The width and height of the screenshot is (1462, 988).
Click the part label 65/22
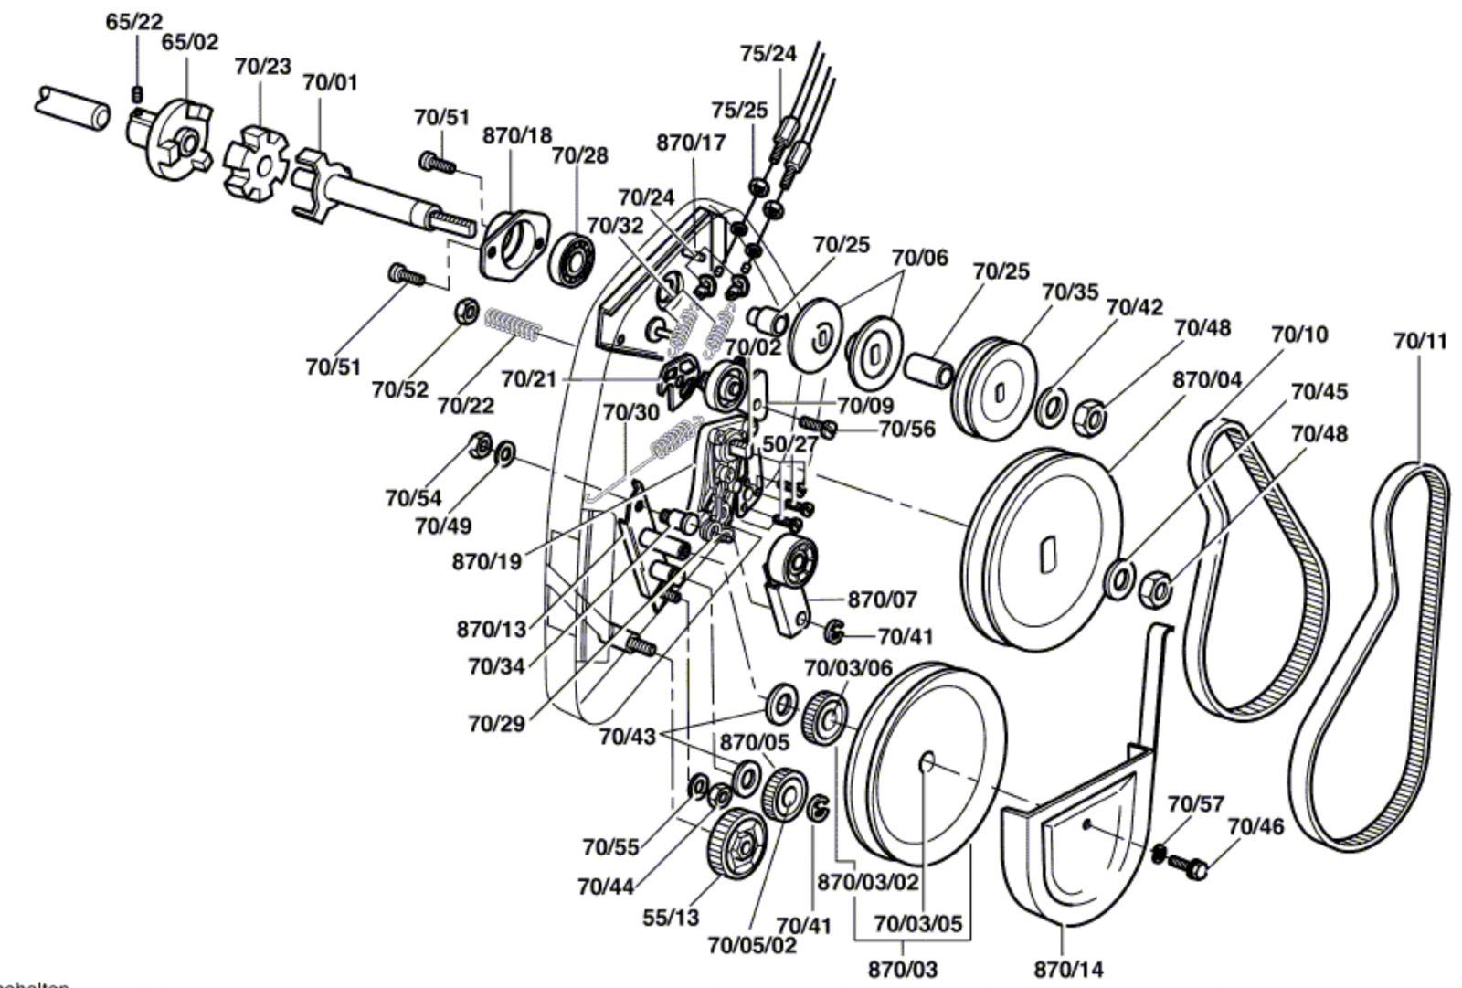click(133, 22)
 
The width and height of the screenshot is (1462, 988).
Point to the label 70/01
click(330, 82)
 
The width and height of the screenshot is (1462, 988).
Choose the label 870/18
click(517, 135)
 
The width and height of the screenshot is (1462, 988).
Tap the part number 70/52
click(399, 389)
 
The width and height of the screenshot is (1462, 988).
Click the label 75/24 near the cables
click(768, 54)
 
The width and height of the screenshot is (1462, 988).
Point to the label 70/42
click(1134, 306)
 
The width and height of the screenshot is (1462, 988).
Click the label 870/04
click(1207, 378)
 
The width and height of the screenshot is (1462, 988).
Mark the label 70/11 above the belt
click(1420, 342)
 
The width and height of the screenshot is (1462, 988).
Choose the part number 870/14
click(1068, 968)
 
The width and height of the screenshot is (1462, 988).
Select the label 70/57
click(1195, 804)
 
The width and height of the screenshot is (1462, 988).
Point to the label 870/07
click(882, 600)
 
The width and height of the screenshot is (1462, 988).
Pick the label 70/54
click(412, 498)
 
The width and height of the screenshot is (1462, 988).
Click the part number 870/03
click(904, 968)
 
